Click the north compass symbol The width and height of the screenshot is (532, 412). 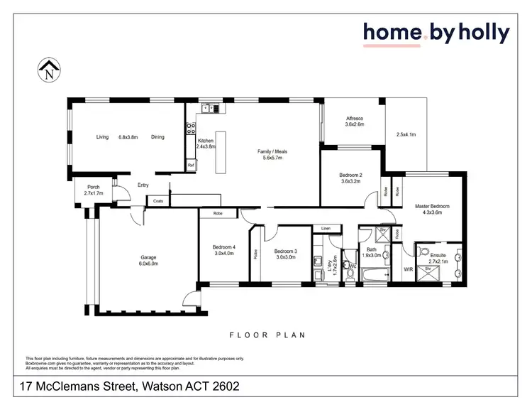[x=48, y=70]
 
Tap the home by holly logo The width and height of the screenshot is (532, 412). [x=436, y=33]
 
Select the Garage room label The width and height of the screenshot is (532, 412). [x=148, y=257]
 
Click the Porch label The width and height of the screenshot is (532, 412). [x=94, y=188]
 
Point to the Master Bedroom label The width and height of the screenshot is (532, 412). [x=433, y=206]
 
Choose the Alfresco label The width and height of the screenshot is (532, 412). [x=354, y=119]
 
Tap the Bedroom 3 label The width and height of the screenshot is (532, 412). [x=284, y=251]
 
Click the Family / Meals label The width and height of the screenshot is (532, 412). [x=272, y=151]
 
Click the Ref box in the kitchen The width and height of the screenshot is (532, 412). [x=191, y=166]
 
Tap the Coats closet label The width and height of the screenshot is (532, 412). [x=158, y=201]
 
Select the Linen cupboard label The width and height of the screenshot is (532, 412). [x=326, y=228]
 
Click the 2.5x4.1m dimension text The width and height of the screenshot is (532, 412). [x=406, y=134]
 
